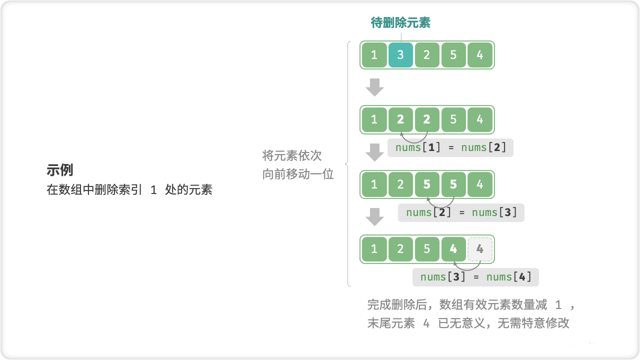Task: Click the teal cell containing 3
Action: tap(400, 55)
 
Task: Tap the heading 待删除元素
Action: tap(400, 22)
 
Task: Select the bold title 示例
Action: tap(60, 170)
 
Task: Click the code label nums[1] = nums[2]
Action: tap(450, 147)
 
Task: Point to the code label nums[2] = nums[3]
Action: tap(461, 212)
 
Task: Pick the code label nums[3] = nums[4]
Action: tap(475, 277)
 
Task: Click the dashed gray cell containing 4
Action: tap(480, 249)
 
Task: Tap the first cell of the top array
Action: tap(374, 55)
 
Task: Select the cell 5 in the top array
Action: tap(453, 55)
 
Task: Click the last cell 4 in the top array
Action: tap(480, 55)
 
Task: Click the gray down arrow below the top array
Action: tap(374, 87)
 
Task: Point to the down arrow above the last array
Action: tap(374, 217)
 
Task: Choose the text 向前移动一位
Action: tap(298, 174)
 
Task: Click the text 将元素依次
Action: tap(292, 155)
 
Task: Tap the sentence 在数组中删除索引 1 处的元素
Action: tap(129, 190)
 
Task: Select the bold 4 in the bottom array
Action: tap(453, 249)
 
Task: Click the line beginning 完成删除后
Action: tap(472, 304)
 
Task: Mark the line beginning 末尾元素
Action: tap(468, 323)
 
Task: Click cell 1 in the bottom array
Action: tap(374, 249)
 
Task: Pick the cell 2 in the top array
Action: tap(427, 55)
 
